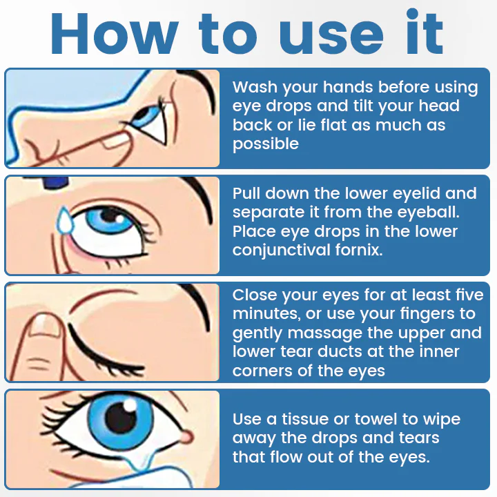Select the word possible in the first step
click(x=266, y=144)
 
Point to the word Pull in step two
click(x=246, y=193)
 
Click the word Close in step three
click(x=255, y=295)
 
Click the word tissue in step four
click(x=303, y=419)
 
